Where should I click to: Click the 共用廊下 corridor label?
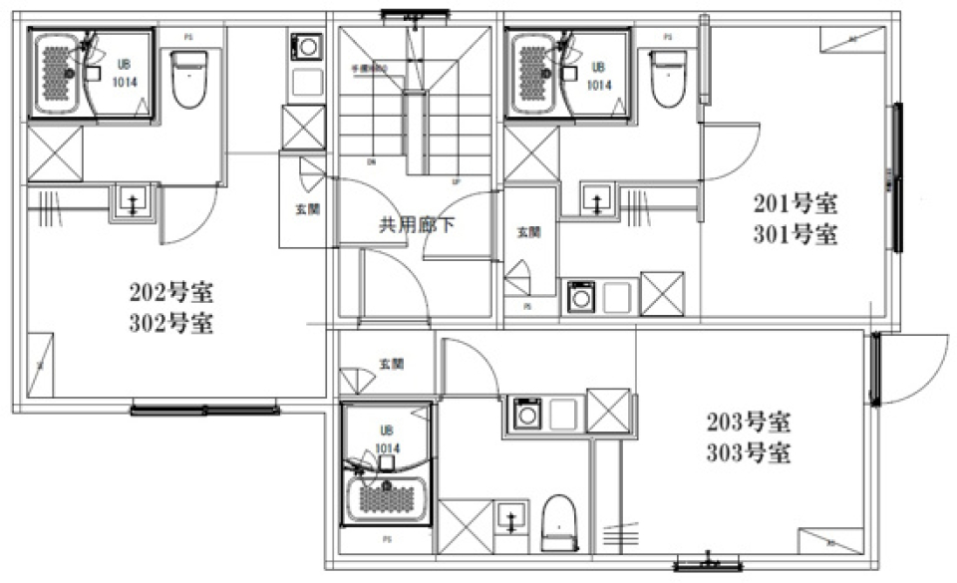(417, 224)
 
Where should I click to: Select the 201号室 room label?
(794, 205)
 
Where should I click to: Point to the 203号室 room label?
(750, 423)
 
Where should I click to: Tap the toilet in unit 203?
(560, 519)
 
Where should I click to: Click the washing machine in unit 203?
(525, 413)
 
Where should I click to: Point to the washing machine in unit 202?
(304, 47)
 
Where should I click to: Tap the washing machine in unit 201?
(580, 296)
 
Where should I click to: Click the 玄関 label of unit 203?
(391, 365)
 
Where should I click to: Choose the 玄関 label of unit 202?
(307, 210)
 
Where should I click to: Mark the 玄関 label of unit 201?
(528, 231)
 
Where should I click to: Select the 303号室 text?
(750, 454)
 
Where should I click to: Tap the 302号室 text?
(170, 324)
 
